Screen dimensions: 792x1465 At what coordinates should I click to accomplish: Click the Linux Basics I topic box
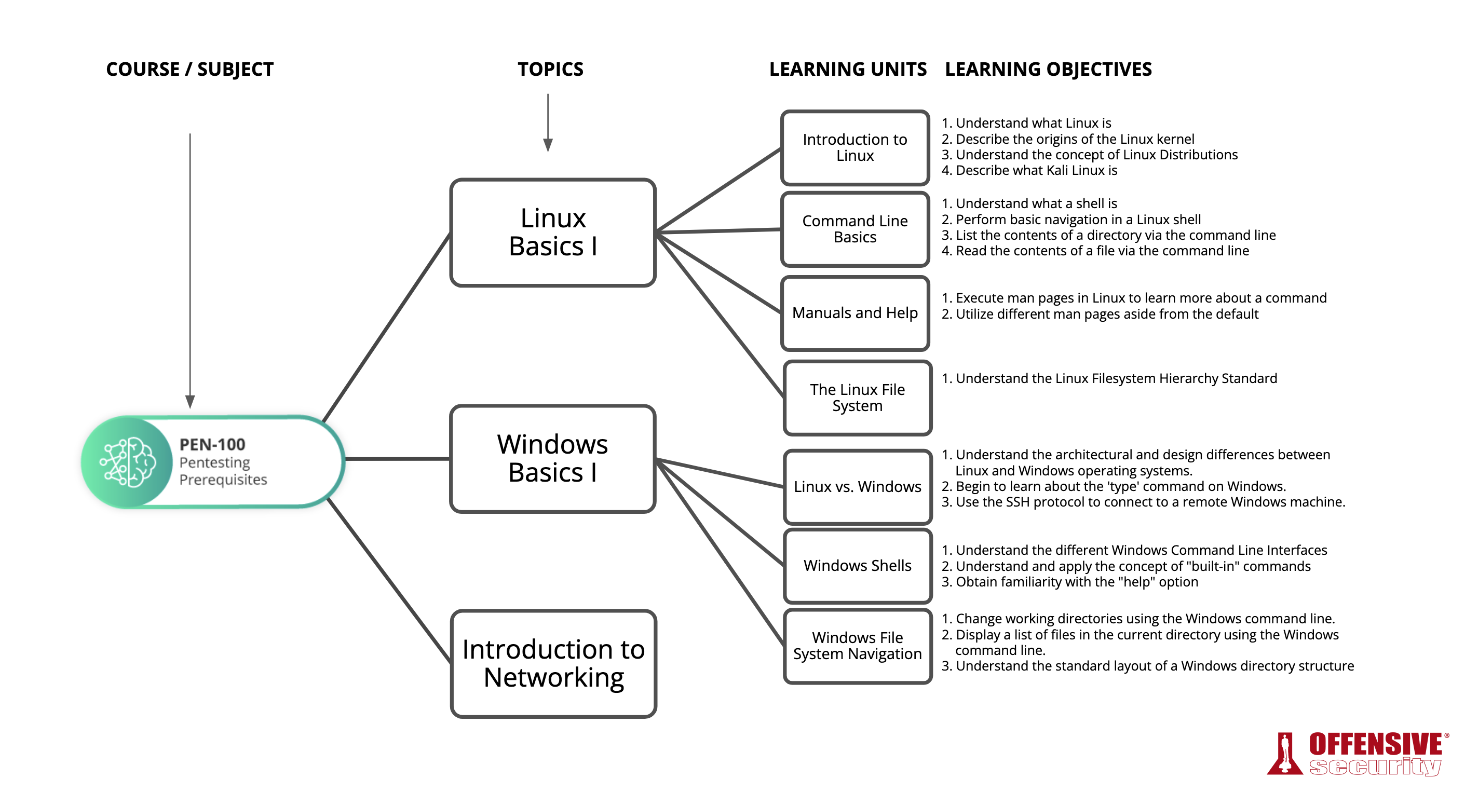point(552,233)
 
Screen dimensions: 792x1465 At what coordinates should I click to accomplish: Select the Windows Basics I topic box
point(552,458)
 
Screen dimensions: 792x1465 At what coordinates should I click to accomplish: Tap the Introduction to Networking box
point(553,663)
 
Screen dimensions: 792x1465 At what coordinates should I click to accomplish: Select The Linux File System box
point(857,398)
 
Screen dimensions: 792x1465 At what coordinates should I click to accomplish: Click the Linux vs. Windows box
point(857,487)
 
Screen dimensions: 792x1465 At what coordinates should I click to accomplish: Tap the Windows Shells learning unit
point(857,565)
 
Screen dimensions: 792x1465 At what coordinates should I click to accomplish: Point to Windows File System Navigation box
point(857,645)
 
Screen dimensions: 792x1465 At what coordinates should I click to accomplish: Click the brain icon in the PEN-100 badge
point(128,462)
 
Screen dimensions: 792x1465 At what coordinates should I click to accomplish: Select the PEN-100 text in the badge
point(212,444)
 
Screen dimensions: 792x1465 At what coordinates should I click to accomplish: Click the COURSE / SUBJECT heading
point(189,70)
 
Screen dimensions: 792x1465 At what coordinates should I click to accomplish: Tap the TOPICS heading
point(550,70)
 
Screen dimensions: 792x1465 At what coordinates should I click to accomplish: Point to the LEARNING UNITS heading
point(847,70)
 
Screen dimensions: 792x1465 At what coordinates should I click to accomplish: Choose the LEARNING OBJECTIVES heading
point(1048,70)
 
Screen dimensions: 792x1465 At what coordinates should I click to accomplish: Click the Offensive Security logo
point(1356,754)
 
